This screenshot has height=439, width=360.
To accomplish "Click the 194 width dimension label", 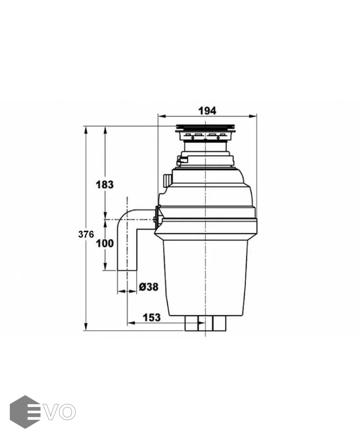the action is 207,111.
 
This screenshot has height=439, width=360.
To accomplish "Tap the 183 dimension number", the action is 105,185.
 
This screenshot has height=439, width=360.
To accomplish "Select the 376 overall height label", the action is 86,234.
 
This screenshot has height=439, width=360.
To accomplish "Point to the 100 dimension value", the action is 105,243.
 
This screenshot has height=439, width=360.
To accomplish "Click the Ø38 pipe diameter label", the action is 149,287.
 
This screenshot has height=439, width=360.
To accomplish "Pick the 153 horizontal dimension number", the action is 152,318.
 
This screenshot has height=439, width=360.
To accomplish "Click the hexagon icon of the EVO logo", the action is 25,412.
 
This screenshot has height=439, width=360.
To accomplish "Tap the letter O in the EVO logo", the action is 67,412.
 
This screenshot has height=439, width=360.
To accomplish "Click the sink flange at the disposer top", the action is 205,128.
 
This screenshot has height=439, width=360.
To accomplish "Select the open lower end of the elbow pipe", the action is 127,270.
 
